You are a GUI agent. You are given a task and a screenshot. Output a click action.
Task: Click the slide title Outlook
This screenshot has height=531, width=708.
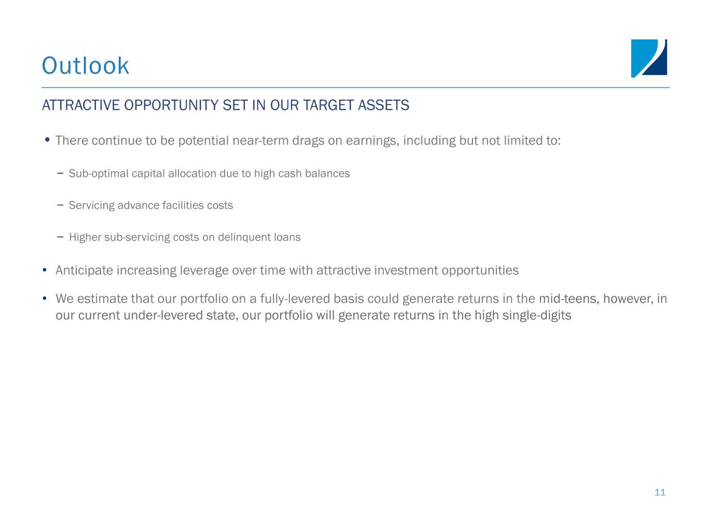coord(86,65)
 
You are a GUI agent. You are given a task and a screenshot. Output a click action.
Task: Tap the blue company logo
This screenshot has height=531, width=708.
coord(649,59)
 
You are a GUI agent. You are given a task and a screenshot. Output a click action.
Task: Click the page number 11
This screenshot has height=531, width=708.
coord(660,492)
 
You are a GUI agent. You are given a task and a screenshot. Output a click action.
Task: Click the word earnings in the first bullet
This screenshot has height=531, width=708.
coord(372,141)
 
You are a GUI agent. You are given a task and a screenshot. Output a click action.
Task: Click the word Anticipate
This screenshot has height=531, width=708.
coord(84,271)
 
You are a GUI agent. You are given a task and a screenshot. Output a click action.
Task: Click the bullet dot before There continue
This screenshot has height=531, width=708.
coord(47,140)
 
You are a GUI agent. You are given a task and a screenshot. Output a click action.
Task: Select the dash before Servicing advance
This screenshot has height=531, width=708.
coord(60,204)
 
